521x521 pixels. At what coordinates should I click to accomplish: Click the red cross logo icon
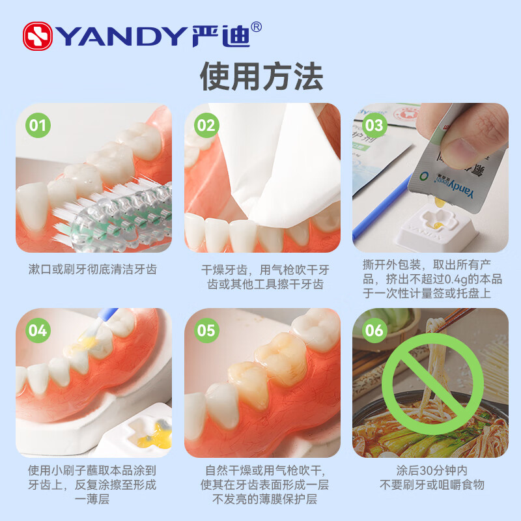38,36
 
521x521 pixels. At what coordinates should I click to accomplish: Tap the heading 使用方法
261,77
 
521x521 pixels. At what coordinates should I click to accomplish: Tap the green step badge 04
38,330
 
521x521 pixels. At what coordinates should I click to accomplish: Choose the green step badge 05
206,330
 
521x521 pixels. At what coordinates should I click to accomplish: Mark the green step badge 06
374,330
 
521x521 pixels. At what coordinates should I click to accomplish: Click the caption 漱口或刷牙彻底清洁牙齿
93,269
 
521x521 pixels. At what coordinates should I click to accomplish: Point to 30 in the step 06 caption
412,470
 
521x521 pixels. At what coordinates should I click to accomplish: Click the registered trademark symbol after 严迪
257,27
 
